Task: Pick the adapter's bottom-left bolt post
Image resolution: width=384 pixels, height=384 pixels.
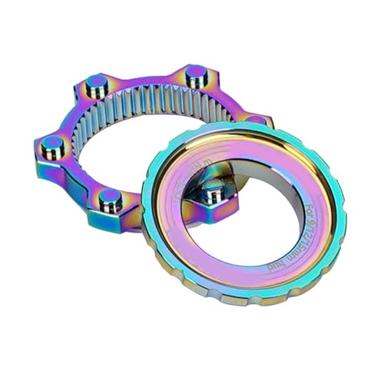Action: [111, 198]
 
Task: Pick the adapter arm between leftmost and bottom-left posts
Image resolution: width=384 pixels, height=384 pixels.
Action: [77, 177]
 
